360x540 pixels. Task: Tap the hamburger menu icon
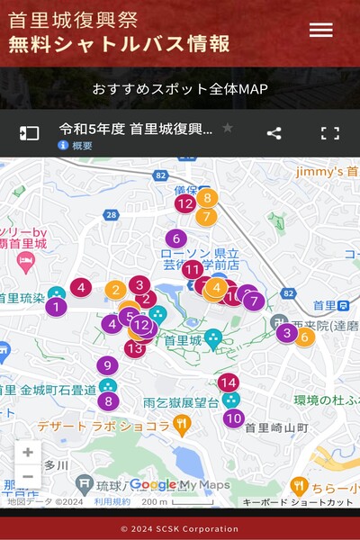[x=320, y=30]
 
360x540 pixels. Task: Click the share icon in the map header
[x=274, y=133]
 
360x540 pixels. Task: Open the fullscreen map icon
[x=330, y=133]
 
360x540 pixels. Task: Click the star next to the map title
[x=228, y=128]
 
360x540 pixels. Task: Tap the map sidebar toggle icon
[x=30, y=133]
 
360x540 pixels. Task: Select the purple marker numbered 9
[x=107, y=365]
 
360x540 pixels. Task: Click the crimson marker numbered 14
[x=229, y=382]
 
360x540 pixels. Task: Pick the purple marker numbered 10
[x=234, y=418]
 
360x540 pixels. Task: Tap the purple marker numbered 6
[x=175, y=238]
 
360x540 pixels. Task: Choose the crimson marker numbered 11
[x=192, y=269]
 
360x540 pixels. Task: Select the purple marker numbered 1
[x=56, y=307]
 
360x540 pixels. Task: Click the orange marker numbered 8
[x=207, y=197]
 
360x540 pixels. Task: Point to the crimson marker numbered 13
[x=135, y=347]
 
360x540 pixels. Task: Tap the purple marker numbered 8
[x=109, y=401]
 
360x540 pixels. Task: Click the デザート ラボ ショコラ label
[x=103, y=426]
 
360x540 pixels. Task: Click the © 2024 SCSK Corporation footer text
[x=180, y=528]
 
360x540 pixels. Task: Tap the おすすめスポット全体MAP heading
[x=180, y=89]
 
